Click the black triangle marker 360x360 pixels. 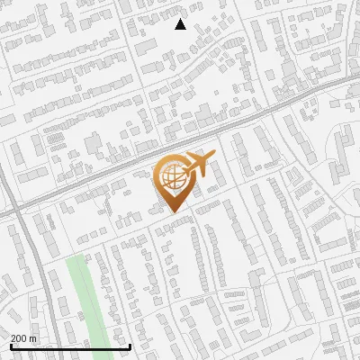(180, 24)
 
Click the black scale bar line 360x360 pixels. (70, 346)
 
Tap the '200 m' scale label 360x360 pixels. (23, 338)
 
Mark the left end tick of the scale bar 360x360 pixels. (11, 345)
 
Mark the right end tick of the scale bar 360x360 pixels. (130, 345)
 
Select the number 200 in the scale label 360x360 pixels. (20, 338)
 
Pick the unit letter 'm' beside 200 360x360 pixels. (33, 338)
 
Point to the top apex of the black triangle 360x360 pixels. (180, 19)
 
